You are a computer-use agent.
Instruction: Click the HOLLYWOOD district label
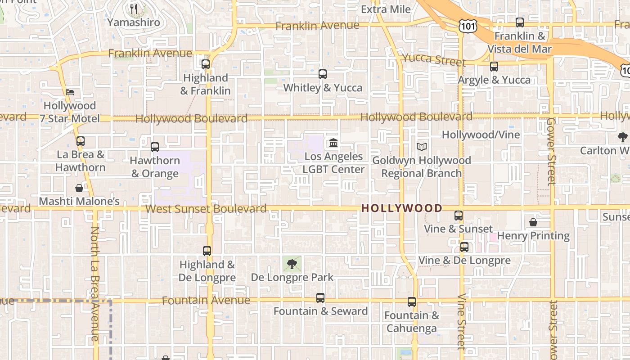click(402, 208)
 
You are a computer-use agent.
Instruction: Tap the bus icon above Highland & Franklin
click(206, 64)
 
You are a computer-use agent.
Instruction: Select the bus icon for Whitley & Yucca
click(323, 74)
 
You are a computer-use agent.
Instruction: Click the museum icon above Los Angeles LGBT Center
click(333, 143)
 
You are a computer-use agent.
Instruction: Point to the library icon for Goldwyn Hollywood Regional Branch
click(422, 147)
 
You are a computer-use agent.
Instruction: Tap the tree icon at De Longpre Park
click(292, 264)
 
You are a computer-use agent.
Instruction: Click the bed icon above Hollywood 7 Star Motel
click(70, 92)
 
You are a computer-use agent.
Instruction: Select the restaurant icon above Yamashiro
click(134, 9)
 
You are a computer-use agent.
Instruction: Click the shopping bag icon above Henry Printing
click(533, 222)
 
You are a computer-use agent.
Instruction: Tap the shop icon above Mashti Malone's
click(79, 188)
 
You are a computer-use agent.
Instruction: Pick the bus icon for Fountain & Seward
click(320, 298)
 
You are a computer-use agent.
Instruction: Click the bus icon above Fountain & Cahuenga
click(412, 302)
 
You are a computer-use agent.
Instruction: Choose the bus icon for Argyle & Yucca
click(494, 67)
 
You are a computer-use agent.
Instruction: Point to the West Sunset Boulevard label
click(206, 209)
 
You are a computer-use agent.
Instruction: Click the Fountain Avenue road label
click(206, 300)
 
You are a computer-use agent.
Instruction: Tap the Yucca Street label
click(433, 59)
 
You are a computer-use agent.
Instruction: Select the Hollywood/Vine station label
click(481, 135)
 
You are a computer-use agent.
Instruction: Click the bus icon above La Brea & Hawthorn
click(81, 141)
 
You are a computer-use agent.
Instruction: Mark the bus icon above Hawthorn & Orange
click(155, 147)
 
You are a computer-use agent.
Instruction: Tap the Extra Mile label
click(386, 9)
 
